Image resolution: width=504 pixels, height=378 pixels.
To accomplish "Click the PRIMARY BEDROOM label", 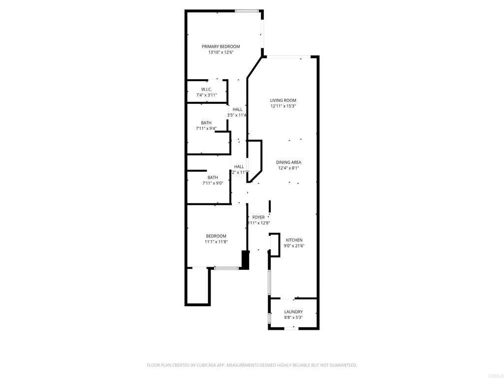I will pyautogui.click(x=220, y=46).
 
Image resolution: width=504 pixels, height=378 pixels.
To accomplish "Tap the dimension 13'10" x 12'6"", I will pyautogui.click(x=220, y=52).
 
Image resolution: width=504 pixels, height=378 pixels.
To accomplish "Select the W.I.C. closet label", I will pyautogui.click(x=206, y=89).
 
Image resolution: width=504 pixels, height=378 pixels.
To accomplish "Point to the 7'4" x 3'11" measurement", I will pyautogui.click(x=206, y=95).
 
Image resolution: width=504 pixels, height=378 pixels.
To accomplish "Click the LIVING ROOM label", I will pyautogui.click(x=283, y=100).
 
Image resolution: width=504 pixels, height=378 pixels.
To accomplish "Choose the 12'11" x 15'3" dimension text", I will pyautogui.click(x=283, y=106).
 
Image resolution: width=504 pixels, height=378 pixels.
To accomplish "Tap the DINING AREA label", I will pyautogui.click(x=288, y=162).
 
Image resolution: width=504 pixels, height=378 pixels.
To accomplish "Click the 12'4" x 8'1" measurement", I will pyautogui.click(x=288, y=168).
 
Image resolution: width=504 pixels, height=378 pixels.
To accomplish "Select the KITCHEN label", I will pyautogui.click(x=294, y=240).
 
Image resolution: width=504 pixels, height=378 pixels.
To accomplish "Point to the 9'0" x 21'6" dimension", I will pyautogui.click(x=294, y=246).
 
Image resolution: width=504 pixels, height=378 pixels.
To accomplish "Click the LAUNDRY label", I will pyautogui.click(x=293, y=312).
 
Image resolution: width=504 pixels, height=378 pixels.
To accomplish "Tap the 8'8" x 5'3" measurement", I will pyautogui.click(x=293, y=318).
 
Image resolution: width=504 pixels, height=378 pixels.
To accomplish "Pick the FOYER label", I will pyautogui.click(x=258, y=217).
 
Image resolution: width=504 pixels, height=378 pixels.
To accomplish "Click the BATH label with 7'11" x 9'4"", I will pyautogui.click(x=206, y=123).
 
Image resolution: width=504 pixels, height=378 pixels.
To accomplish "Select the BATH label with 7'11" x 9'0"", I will pyautogui.click(x=213, y=178).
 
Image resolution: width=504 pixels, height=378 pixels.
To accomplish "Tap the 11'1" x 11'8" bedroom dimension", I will pyautogui.click(x=216, y=242).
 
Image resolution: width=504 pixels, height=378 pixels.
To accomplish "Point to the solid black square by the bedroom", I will pyautogui.click(x=245, y=259).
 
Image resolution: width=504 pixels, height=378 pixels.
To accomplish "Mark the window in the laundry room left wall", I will pyautogui.click(x=269, y=318).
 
